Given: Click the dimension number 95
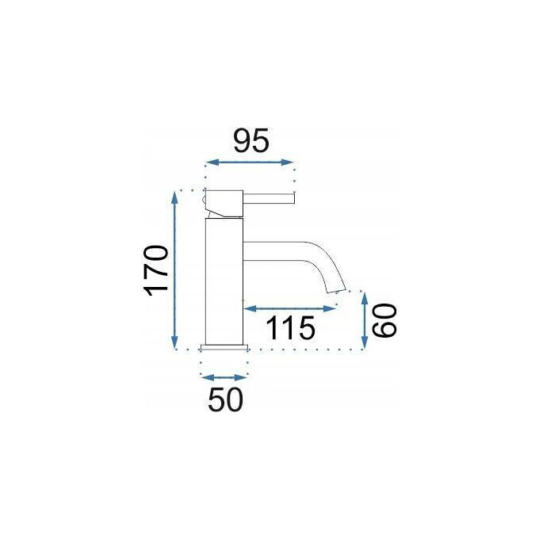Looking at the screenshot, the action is (x=250, y=140).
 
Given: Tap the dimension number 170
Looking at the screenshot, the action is (x=156, y=270).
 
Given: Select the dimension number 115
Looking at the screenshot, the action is (x=290, y=328).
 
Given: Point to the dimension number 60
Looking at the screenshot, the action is (x=384, y=320).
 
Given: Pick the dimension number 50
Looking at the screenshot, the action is (x=226, y=399).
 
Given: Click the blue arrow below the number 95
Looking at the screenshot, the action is (x=250, y=162).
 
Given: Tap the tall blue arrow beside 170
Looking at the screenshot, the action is (x=174, y=269).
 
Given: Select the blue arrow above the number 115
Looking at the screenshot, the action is (x=289, y=308).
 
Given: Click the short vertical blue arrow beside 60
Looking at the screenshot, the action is (x=365, y=320).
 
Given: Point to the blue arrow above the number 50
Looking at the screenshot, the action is (x=224, y=378).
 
